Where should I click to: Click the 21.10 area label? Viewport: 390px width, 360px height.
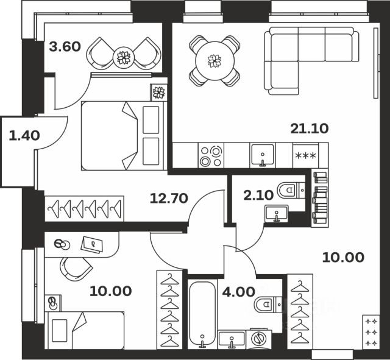coord(310,129)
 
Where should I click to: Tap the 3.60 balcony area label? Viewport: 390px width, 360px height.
coord(65,47)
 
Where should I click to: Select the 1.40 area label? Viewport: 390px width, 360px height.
coord(24,136)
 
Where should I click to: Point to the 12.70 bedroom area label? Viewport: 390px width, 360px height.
coord(169,199)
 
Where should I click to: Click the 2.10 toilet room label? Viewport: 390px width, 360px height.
coord(258,195)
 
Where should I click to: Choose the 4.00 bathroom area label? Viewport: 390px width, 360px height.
coord(238,292)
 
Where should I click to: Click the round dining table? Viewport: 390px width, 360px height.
coord(214,61)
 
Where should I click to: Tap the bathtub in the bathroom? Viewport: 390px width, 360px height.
coord(202,314)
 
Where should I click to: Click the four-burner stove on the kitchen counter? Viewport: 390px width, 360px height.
coord(211,156)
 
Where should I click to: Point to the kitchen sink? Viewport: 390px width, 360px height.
coord(263,155)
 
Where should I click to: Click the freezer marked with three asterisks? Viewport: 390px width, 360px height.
coord(306,156)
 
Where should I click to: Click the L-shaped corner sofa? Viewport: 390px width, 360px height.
coord(311,61)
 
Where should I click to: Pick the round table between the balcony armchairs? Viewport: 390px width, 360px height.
coord(124,58)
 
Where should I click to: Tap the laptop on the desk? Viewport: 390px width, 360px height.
coord(91,244)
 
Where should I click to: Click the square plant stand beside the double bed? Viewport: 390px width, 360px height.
coord(158,93)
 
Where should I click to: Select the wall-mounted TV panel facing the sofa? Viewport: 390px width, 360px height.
coord(376,63)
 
